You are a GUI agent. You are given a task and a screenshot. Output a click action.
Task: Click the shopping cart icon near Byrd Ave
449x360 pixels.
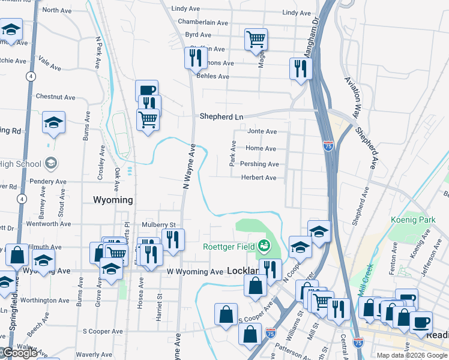[x=256, y=39]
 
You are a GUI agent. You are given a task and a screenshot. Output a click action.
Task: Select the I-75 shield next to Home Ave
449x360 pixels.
[x=328, y=146]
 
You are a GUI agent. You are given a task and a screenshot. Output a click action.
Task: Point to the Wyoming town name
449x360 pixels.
[x=113, y=200]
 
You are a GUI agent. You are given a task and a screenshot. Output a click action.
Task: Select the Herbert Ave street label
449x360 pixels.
[x=259, y=178]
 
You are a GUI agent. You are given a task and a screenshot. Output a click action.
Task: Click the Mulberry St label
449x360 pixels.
[x=158, y=225]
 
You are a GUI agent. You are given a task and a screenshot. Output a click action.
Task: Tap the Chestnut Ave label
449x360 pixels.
[x=55, y=97]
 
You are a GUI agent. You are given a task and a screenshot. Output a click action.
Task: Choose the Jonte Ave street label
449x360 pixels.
[x=262, y=131]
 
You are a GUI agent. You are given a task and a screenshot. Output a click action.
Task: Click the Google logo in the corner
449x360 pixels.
[x=19, y=353]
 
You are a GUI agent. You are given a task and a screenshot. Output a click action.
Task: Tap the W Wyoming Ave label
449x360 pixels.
[x=195, y=272]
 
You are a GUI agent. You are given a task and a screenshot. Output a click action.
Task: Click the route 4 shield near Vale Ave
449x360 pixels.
[x=29, y=76]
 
